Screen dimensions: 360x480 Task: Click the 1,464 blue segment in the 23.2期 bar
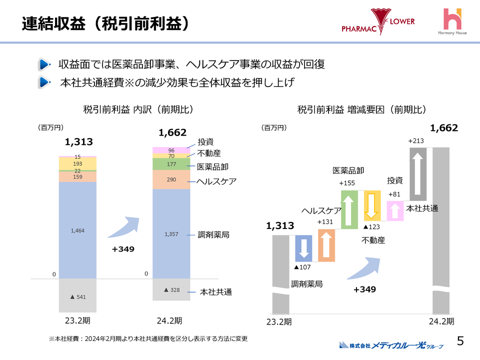(x=77, y=230)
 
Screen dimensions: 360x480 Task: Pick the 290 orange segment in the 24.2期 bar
(x=171, y=179)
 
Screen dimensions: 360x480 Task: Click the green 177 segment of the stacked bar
(x=171, y=164)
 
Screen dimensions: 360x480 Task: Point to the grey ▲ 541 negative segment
(x=77, y=296)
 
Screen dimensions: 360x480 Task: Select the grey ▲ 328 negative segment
(x=171, y=289)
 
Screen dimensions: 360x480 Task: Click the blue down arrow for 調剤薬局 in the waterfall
(x=304, y=248)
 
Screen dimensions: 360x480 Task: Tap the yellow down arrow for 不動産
(x=372, y=205)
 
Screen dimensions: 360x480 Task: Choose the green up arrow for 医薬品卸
(x=349, y=209)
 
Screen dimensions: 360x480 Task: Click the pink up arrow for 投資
(x=395, y=210)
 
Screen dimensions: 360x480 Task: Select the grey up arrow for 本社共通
(x=418, y=170)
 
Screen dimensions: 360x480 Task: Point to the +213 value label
(x=416, y=141)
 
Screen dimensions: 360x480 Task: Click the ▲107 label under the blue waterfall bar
(x=303, y=268)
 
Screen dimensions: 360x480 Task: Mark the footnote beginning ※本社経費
(x=148, y=338)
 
